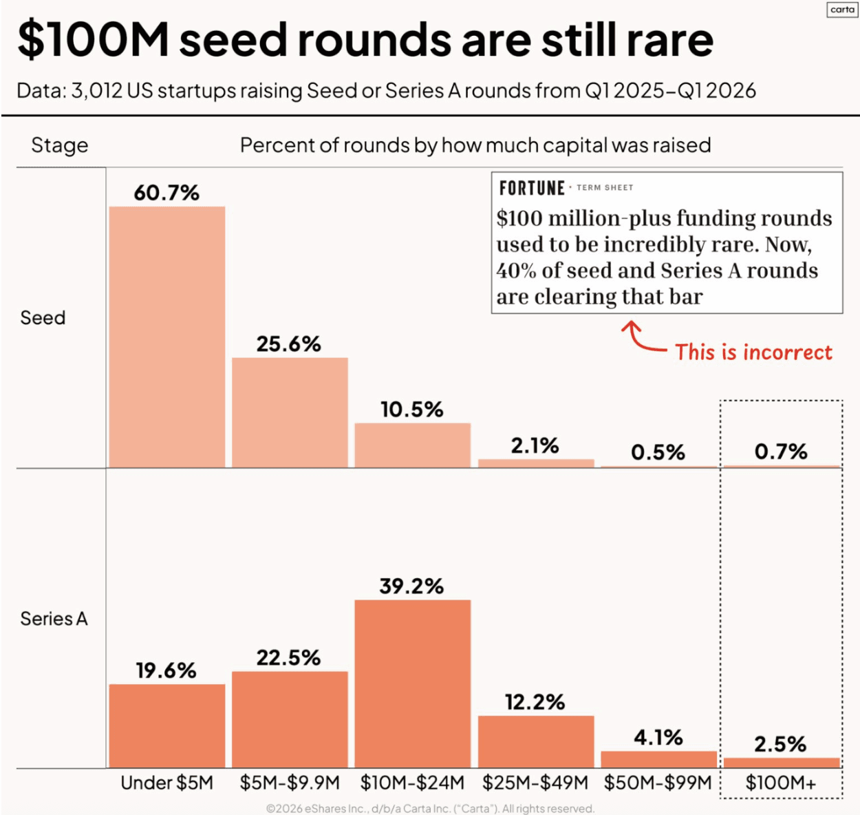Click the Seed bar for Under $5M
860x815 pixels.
167,337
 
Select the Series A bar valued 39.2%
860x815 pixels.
413,684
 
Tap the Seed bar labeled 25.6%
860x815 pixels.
290,413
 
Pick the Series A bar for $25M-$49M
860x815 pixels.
536,741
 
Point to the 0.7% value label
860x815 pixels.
780,452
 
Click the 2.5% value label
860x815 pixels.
780,744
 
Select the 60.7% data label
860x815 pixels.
166,193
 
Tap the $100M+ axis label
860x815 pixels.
781,783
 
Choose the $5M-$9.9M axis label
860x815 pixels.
290,783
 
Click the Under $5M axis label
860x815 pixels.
167,783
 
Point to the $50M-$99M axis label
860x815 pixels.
658,783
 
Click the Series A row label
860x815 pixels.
54,619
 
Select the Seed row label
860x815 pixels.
43,318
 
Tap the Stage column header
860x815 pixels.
60,145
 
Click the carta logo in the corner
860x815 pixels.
842,10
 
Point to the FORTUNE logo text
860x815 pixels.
532,188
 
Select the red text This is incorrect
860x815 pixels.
753,352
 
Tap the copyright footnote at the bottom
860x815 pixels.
430,809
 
